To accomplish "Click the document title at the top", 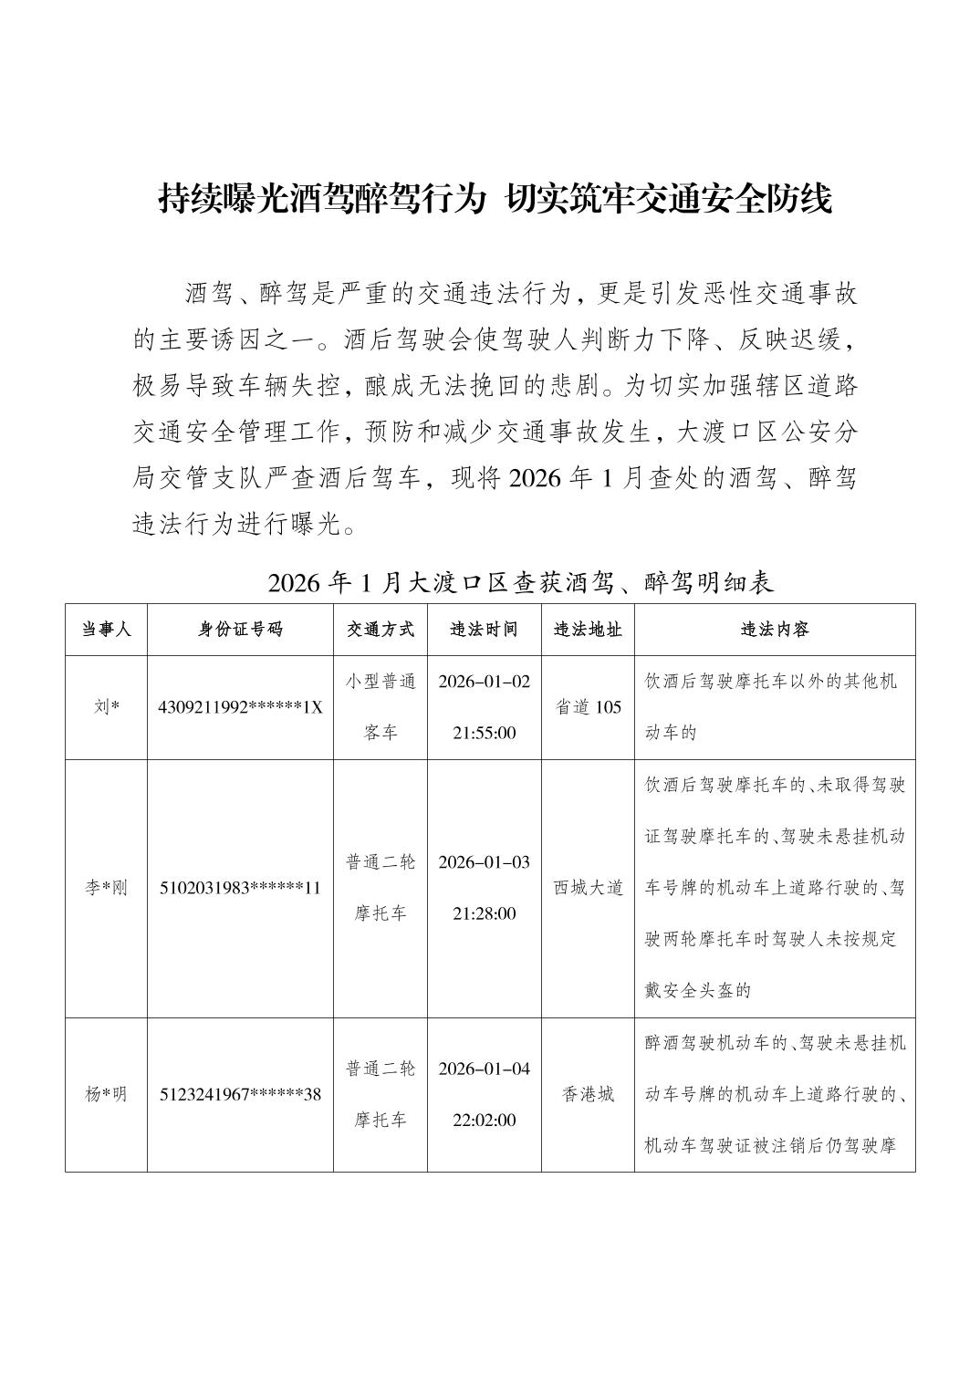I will [x=495, y=200].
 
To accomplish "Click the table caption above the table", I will [x=521, y=582].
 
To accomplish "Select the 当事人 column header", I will [x=106, y=630].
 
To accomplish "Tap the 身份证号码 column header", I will [x=240, y=630].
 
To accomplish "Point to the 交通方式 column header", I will [x=381, y=630].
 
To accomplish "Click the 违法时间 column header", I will [x=484, y=630].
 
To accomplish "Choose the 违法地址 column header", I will [x=589, y=630].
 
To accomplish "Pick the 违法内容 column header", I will [x=775, y=630].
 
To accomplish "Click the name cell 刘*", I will [x=106, y=707].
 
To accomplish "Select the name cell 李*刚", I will [x=106, y=888].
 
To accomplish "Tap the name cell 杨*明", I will [x=106, y=1094].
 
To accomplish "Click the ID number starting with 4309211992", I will [x=240, y=707].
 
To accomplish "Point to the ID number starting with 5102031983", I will [x=240, y=888].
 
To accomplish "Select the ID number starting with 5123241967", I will [x=240, y=1094].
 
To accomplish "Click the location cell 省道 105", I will [x=589, y=707].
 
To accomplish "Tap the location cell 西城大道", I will [x=589, y=888].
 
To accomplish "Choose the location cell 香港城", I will [x=589, y=1094].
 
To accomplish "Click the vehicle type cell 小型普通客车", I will [x=381, y=707].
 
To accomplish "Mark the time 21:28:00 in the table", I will [x=484, y=913].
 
